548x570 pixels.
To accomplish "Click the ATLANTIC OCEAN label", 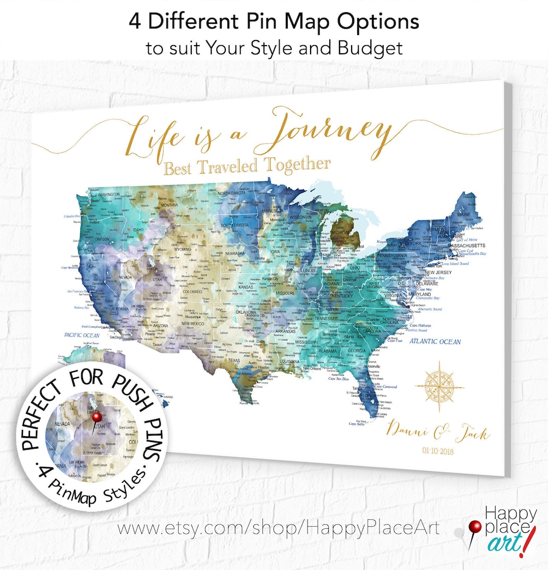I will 435,342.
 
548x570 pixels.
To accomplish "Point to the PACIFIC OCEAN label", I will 82,336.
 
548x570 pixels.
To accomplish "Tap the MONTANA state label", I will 169,205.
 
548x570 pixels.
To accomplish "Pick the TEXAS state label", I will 234,360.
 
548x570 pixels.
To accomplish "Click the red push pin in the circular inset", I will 97,417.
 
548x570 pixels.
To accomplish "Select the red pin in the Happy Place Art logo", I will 475,526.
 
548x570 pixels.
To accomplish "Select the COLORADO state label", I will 192,292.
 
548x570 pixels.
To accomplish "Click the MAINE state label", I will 463,215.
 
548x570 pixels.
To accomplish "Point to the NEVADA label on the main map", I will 125,278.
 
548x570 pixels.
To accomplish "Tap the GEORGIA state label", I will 357,351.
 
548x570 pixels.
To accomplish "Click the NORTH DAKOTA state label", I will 231,193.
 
